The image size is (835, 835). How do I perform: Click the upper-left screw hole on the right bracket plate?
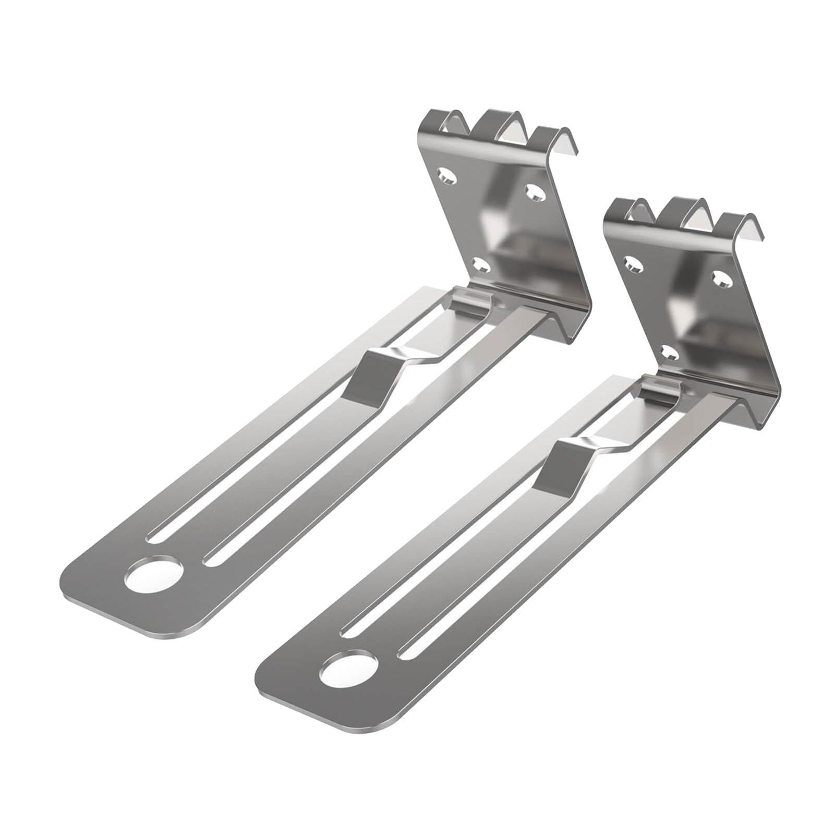click(632, 264)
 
